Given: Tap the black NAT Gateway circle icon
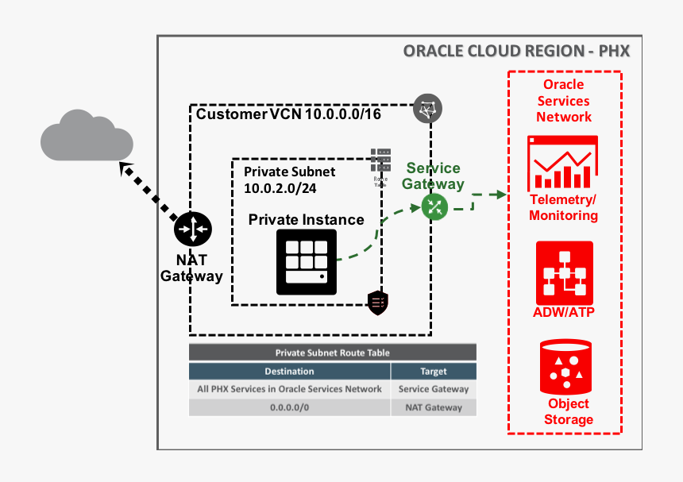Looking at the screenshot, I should point(192,230).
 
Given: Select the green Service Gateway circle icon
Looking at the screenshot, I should point(434,207).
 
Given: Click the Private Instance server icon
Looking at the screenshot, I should point(306,262).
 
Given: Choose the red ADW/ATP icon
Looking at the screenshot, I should point(564,272).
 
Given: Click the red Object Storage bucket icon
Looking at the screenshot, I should point(565,366).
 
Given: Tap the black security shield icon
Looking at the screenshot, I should point(377,301).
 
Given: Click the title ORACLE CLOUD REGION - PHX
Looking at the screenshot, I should point(516,52).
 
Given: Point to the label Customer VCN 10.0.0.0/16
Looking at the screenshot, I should point(288,114).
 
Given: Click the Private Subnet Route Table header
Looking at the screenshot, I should point(332,353).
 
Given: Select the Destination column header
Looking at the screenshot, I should point(289,371).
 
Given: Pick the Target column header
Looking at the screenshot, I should point(434,371).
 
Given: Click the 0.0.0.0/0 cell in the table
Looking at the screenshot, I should point(289,407).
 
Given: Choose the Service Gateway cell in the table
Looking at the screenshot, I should point(434,389).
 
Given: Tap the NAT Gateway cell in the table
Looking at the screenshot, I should point(434,407).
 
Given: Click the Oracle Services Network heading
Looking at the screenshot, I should point(564,101).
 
